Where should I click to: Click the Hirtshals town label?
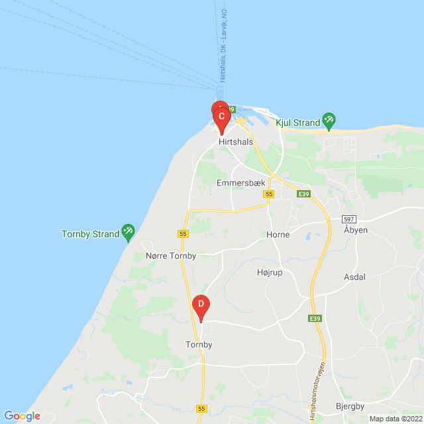[x=236, y=142]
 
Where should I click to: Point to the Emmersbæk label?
[x=241, y=182]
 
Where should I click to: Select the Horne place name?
[x=278, y=235]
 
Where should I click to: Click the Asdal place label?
[x=354, y=277]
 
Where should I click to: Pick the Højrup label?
[x=270, y=272]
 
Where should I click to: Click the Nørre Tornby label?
[x=170, y=256]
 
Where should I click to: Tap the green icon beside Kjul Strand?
[x=329, y=121]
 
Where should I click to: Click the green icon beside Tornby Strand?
[x=129, y=233]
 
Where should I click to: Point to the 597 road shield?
[x=349, y=219]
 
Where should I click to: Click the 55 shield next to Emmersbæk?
[x=268, y=194]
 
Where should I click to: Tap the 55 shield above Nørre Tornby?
[x=184, y=234]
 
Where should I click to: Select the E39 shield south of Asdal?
[x=315, y=319]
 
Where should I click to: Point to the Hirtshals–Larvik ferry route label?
[x=223, y=60]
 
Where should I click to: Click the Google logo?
[x=23, y=415]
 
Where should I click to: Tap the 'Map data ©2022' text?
[x=395, y=419]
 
